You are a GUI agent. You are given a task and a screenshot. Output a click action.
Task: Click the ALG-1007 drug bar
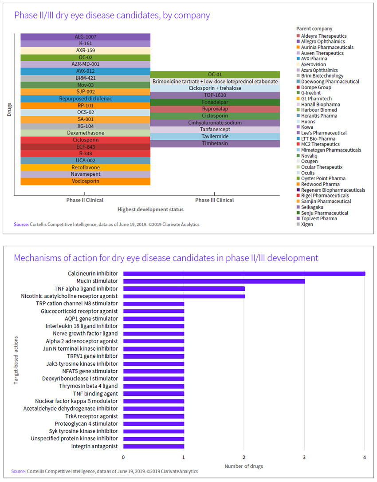tap(85, 37)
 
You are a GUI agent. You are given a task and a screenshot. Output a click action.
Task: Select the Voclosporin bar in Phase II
tap(85, 181)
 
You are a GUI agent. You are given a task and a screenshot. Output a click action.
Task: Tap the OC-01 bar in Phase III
tap(215, 75)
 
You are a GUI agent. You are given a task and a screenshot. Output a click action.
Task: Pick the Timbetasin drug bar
tap(215, 144)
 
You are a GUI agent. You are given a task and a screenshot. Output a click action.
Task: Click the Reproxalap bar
tap(215, 109)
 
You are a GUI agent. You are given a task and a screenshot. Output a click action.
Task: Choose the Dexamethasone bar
tap(85, 133)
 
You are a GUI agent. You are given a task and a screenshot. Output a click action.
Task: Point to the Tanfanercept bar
tap(215, 130)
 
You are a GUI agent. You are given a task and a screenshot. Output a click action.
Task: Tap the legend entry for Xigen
tap(306, 224)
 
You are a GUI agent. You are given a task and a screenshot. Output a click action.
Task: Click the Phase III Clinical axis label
tap(215, 200)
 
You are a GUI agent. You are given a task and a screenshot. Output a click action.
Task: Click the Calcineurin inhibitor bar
tap(244, 273)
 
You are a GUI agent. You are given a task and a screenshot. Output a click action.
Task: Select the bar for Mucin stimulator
tap(214, 281)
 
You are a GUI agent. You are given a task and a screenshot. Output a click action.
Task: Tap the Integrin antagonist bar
tap(153, 446)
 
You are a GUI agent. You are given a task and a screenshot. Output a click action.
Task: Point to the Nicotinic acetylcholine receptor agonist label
tap(70, 296)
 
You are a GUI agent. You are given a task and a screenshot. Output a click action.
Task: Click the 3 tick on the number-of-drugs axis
tap(304, 457)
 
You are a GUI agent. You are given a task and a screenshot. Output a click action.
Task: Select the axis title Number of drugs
tap(243, 466)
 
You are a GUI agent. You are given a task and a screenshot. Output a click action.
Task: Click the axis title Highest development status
tap(150, 209)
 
